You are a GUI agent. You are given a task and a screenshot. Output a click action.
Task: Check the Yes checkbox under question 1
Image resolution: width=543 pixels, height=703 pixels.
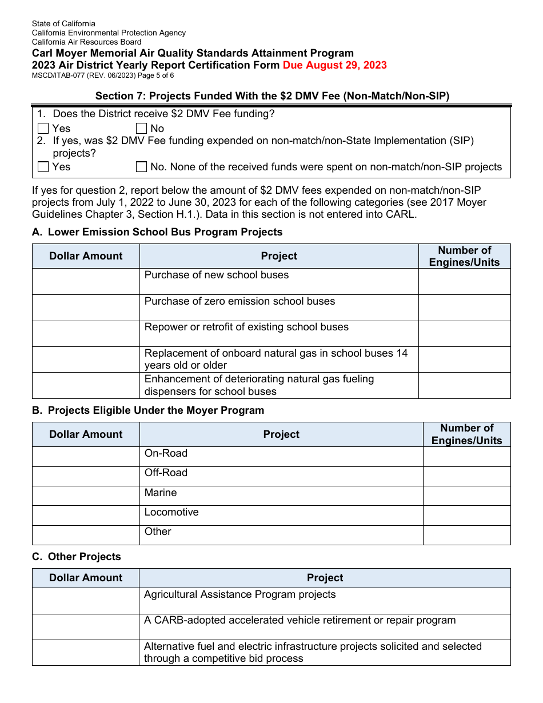43,129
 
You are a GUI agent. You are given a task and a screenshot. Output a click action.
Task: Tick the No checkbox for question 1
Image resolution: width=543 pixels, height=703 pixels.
141,129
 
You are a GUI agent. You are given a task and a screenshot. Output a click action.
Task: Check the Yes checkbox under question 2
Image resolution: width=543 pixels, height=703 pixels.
43,167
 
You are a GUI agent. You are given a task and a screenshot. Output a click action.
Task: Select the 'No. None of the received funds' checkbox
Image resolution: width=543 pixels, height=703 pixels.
141,167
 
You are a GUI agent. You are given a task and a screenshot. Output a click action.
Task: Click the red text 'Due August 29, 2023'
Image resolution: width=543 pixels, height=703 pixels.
334,65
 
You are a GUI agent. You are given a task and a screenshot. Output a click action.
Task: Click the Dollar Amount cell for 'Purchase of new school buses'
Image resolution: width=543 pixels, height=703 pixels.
86,281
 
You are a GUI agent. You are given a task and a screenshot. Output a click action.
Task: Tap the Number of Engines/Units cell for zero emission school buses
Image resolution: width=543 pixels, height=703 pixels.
464,307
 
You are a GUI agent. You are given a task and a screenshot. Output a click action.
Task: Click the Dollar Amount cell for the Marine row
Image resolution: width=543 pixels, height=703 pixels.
86,496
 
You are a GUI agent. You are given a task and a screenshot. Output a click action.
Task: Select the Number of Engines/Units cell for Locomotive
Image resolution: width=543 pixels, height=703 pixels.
466,515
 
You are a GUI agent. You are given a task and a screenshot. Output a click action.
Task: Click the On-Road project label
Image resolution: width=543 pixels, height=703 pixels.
166,453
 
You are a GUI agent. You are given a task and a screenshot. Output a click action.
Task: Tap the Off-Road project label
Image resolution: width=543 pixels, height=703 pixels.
166,473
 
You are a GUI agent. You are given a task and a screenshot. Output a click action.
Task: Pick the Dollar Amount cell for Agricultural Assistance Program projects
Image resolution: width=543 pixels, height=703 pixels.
86,601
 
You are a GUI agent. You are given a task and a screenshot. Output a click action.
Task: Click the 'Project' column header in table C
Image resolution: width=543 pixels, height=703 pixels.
325,578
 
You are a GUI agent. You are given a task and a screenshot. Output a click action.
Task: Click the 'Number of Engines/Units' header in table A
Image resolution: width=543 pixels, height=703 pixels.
464,256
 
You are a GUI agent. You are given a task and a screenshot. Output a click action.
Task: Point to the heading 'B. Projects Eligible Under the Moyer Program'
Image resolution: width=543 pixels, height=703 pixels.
148,410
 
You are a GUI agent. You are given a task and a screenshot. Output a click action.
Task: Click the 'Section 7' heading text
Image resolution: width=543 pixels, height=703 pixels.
272,96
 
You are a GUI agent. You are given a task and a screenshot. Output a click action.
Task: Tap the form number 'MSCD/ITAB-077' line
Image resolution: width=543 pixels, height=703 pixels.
103,75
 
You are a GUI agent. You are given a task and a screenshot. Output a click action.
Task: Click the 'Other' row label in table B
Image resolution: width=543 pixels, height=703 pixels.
158,532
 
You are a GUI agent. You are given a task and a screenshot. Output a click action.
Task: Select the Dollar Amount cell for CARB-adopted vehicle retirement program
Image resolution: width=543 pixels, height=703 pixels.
86,626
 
